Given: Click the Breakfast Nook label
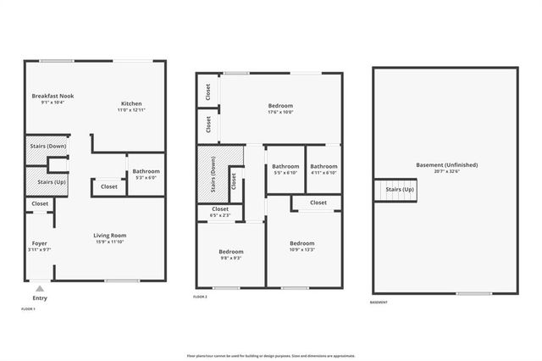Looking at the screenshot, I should pos(53,96).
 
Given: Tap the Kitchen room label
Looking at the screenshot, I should pos(130,103).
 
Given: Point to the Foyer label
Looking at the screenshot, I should pos(40,243).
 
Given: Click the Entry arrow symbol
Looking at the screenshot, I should pos(40,288).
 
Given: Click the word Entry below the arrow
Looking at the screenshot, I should pos(40,298).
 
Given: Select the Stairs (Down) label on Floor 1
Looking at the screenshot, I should pos(47,147).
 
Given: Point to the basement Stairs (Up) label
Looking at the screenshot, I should pos(399,189).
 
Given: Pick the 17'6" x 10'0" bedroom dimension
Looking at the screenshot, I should pos(280,112).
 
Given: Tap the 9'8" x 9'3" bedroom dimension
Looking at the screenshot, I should pos(230,258).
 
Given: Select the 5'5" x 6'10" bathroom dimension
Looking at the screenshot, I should pos(285,173).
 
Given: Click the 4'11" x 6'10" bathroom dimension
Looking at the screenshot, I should pos(324,173).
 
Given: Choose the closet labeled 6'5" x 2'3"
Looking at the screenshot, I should pos(219,216).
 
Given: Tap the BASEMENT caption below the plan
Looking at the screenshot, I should pos(379,303).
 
